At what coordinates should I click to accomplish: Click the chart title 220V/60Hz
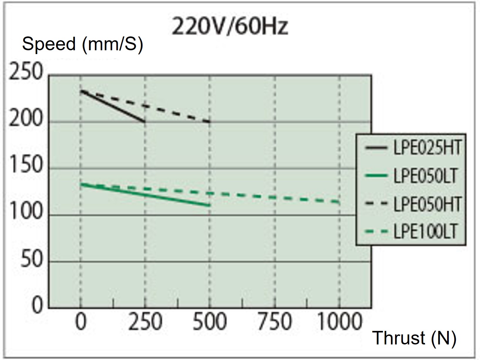click(229, 26)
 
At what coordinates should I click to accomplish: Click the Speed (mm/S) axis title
click(82, 45)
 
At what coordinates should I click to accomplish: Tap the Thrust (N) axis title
click(414, 338)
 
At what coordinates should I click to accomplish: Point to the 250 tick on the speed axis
click(26, 72)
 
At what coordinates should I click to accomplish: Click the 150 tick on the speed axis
click(26, 165)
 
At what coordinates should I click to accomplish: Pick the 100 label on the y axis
click(26, 212)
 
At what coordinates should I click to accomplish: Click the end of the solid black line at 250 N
click(144, 121)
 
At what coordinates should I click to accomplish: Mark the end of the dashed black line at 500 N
click(209, 121)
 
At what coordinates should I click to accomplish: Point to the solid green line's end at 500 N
click(209, 205)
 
